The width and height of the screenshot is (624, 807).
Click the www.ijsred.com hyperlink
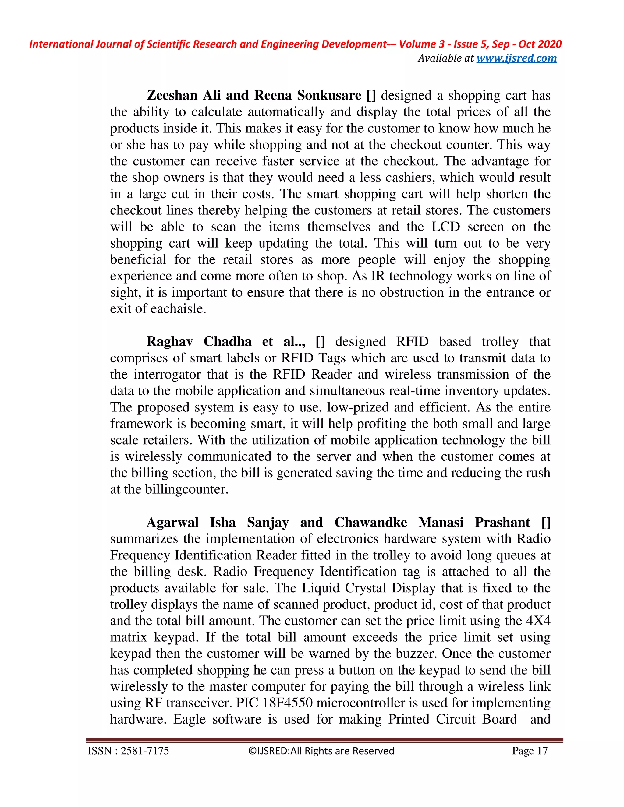coord(516,58)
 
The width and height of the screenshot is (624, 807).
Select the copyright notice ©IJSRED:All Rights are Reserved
coord(321,751)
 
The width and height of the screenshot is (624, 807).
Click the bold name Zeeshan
coord(172,95)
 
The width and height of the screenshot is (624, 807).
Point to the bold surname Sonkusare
coord(329,95)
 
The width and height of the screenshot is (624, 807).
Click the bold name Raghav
coord(170,341)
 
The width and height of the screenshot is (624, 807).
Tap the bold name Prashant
coord(502,523)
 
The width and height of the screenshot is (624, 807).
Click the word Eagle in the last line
coord(189,719)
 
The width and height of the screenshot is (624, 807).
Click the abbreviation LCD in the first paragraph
coord(445,227)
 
